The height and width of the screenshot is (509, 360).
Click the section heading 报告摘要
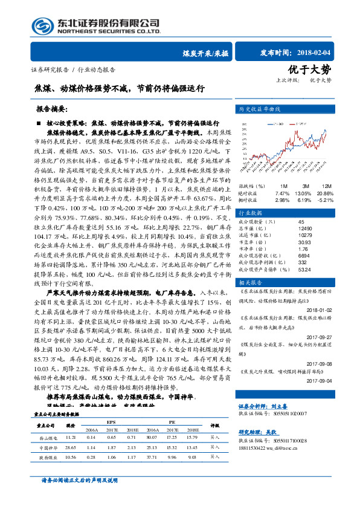(50, 111)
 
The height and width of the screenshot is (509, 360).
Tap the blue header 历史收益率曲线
(260, 110)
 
